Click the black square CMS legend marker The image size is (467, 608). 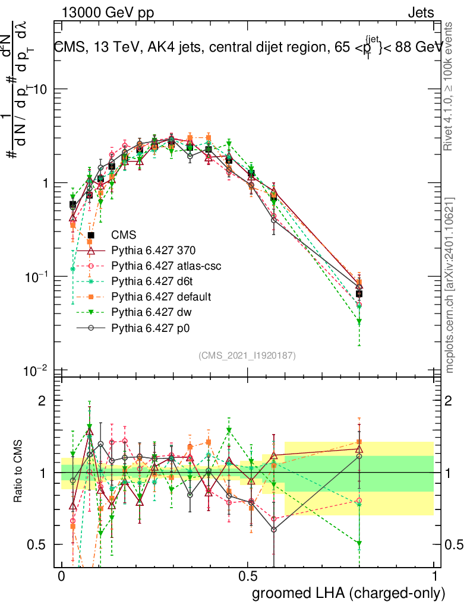coord(91,236)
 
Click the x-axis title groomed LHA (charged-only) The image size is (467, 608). coord(349,593)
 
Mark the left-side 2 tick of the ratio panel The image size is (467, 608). coord(42,401)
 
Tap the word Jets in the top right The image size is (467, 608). coord(420,12)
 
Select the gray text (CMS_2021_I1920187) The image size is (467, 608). coord(247,355)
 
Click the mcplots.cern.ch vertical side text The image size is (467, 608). coord(450,285)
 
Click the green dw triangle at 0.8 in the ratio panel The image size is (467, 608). coord(359,543)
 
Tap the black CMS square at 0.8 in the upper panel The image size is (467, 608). coord(359,294)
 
